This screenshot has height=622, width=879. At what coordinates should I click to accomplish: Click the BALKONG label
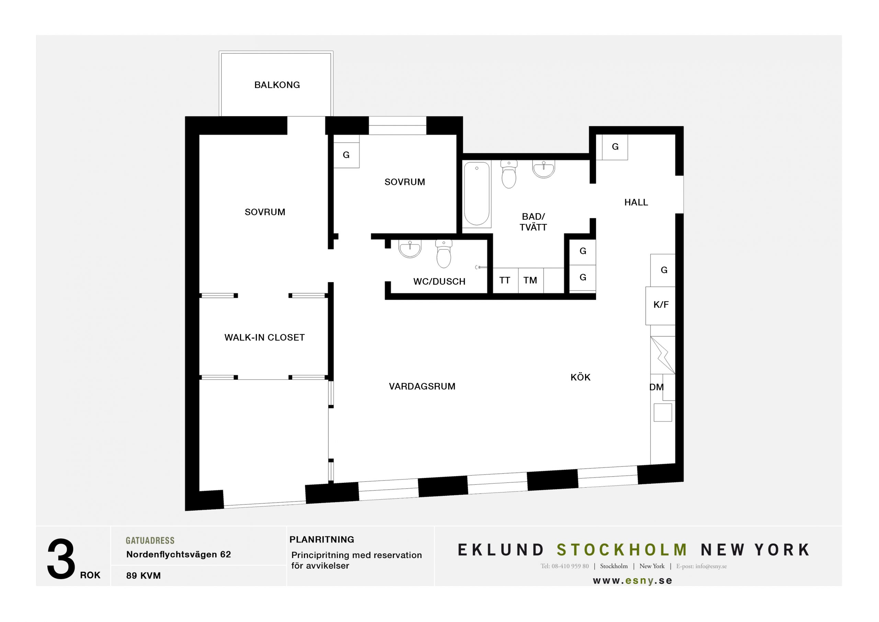pyautogui.click(x=277, y=85)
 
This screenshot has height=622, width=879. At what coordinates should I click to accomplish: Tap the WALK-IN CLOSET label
pyautogui.click(x=264, y=337)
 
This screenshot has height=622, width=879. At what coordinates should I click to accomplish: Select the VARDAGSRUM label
pyautogui.click(x=422, y=386)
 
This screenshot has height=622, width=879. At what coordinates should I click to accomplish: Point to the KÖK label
pyautogui.click(x=580, y=377)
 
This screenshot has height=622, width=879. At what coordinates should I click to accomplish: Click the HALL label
pyautogui.click(x=636, y=202)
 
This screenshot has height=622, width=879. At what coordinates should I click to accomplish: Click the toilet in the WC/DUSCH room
pyautogui.click(x=444, y=254)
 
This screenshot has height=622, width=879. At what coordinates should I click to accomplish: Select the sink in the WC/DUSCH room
pyautogui.click(x=410, y=249)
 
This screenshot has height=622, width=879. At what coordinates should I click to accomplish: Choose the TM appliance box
pyautogui.click(x=530, y=280)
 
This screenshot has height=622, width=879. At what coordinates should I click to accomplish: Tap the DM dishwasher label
pyautogui.click(x=656, y=387)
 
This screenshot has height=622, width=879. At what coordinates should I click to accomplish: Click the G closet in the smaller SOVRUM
pyautogui.click(x=346, y=155)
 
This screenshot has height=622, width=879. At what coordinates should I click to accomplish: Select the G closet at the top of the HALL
pyautogui.click(x=615, y=147)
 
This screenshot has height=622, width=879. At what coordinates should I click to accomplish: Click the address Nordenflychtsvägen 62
pyautogui.click(x=179, y=554)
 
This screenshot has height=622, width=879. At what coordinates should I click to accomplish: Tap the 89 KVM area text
pyautogui.click(x=144, y=576)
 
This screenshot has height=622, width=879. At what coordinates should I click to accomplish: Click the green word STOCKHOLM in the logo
pyautogui.click(x=622, y=550)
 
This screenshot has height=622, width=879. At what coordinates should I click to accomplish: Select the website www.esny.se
pyautogui.click(x=632, y=581)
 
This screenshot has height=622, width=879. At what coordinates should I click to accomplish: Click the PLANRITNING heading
pyautogui.click(x=322, y=540)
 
